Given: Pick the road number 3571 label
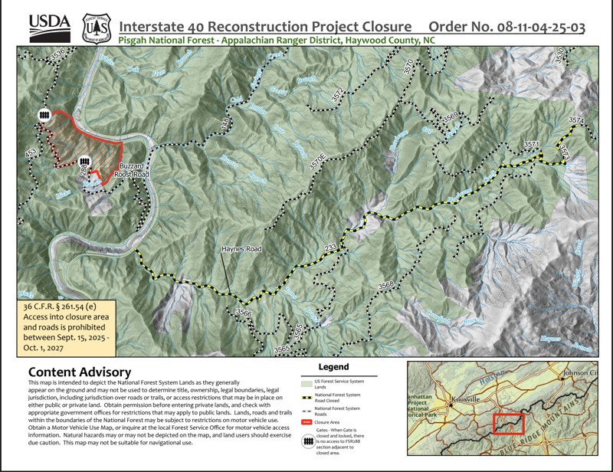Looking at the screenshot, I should tap(532, 144).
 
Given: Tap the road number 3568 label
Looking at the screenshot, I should tap(385, 284).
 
